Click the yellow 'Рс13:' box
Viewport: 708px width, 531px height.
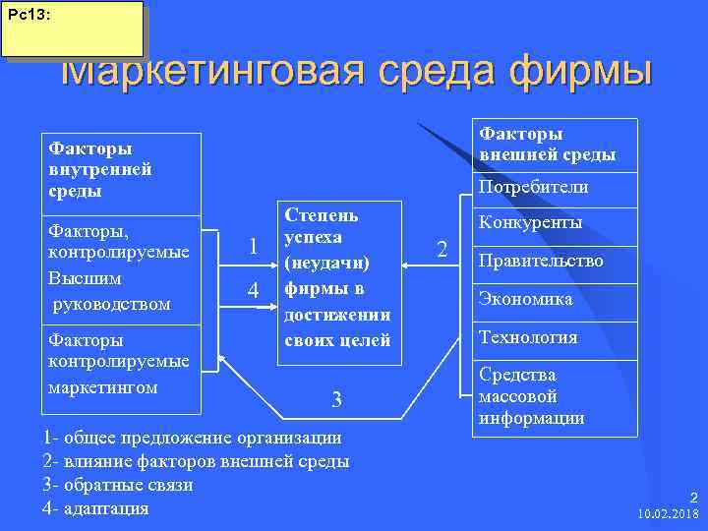[72, 29]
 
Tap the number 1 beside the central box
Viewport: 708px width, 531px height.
[253, 248]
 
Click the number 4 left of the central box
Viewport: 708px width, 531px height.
[253, 292]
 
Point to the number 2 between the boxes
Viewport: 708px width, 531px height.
[442, 249]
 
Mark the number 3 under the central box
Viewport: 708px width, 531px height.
[336, 399]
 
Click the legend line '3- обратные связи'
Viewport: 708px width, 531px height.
[119, 485]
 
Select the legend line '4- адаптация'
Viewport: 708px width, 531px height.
[96, 508]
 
